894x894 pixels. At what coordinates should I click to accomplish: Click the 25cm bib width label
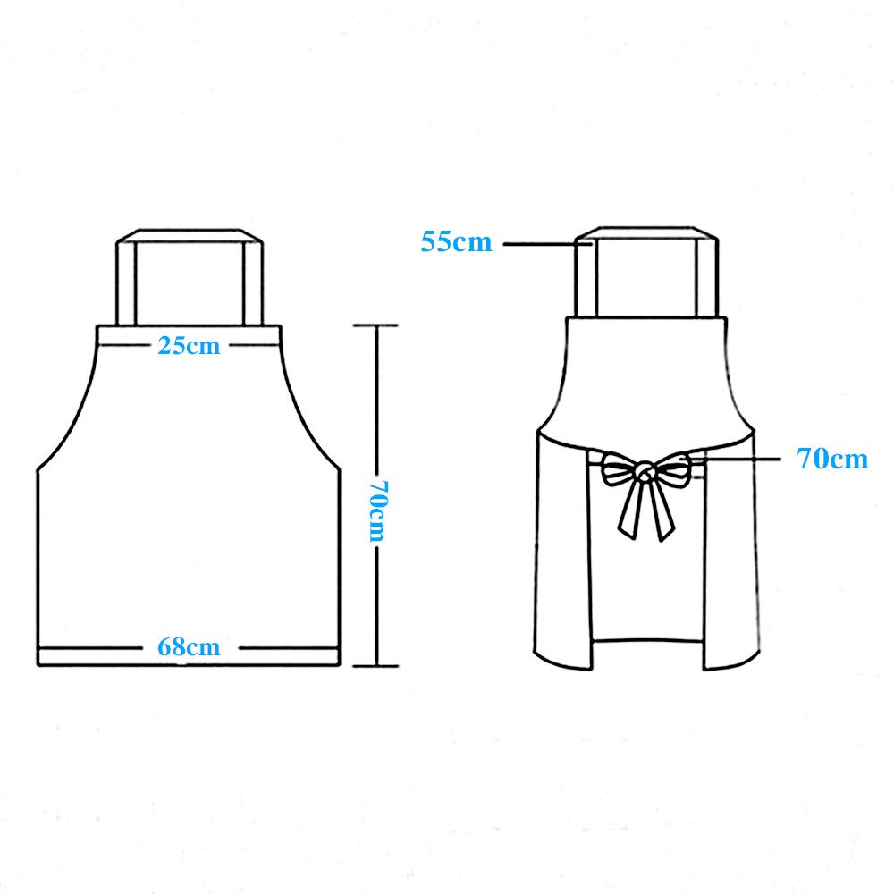point(189,346)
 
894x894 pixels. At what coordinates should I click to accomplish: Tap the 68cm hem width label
point(189,647)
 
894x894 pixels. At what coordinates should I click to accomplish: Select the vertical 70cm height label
point(377,510)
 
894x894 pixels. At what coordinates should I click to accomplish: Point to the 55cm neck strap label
point(456,241)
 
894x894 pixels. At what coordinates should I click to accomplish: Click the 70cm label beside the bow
point(832,459)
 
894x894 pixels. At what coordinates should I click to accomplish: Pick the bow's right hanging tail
point(660,509)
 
